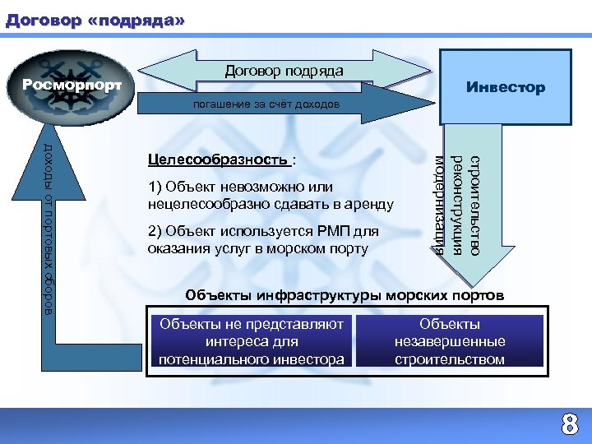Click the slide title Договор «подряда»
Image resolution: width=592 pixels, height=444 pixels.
pos(95,17)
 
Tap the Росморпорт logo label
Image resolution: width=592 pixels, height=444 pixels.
pos(72,85)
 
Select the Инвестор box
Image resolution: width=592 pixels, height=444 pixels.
pos(505,87)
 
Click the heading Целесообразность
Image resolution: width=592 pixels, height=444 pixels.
pos(218,159)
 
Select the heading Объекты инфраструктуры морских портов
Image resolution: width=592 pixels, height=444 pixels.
pos(345,295)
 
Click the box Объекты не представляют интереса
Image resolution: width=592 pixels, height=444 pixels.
pos(251,341)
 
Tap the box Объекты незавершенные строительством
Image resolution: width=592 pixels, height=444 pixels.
pos(461,341)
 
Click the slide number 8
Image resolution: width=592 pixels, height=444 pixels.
pos(568,425)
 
